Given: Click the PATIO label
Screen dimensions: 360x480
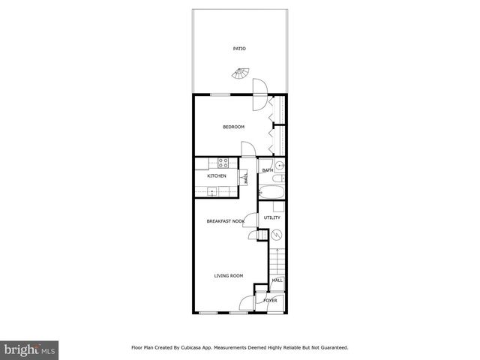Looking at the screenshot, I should coord(239,49).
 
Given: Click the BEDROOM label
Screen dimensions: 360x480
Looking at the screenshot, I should coord(233,127).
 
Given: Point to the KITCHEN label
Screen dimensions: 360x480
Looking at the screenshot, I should coord(217,176).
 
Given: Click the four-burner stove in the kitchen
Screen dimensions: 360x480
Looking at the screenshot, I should coord(223,163).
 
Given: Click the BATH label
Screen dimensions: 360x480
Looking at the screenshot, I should coord(267,171).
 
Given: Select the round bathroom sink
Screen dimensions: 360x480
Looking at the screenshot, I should coord(279,166).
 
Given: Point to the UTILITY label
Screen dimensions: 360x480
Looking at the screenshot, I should coord(271,217).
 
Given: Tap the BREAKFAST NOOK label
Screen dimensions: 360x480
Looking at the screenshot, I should coord(226,221).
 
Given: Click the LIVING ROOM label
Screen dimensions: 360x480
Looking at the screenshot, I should coord(229,276).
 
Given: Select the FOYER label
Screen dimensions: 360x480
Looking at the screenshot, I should coord(270,300).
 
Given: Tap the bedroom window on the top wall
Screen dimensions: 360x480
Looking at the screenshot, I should coord(220,94).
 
